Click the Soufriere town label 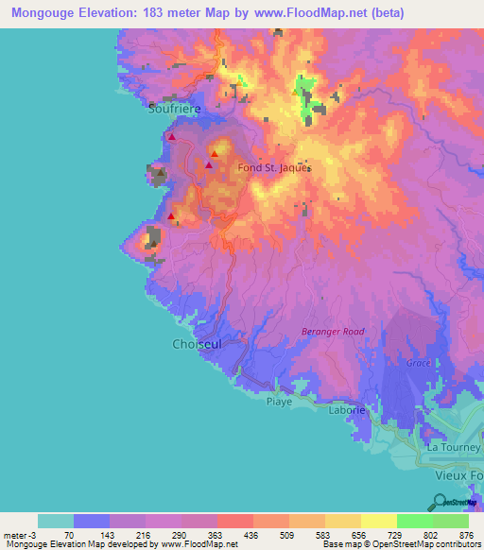174,109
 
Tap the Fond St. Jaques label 274,167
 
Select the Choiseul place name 196,344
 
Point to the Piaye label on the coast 279,401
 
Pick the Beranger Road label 332,331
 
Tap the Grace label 419,363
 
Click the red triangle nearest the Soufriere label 171,137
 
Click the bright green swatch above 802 414,521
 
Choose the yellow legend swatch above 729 378,521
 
